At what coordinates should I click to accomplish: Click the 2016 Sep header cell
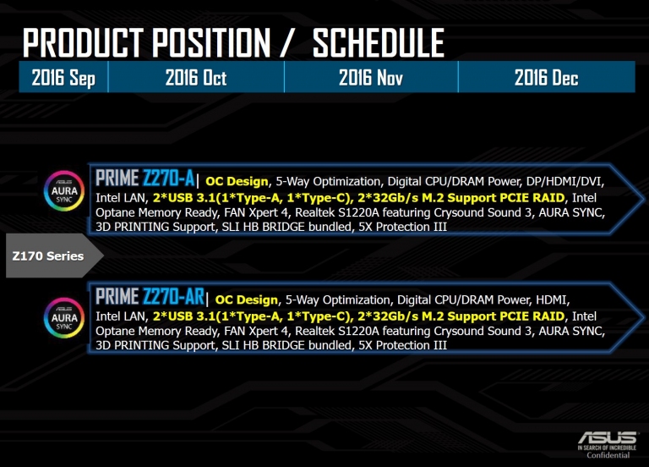(x=63, y=77)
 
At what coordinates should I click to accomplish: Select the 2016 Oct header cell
(x=196, y=77)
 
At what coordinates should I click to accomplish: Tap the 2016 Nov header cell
(x=371, y=77)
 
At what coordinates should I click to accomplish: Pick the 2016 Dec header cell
(x=547, y=77)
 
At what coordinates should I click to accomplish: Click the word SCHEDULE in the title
(x=379, y=42)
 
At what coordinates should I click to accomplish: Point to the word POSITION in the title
(x=211, y=42)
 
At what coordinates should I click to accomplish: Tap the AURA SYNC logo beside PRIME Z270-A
(x=64, y=191)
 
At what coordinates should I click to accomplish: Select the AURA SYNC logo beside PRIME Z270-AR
(x=64, y=318)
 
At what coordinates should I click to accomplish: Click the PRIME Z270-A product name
(x=145, y=179)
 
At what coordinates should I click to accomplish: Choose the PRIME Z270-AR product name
(x=150, y=297)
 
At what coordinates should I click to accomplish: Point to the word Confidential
(x=608, y=455)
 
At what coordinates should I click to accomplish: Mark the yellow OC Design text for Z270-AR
(x=246, y=299)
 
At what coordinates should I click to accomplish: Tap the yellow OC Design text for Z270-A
(x=237, y=181)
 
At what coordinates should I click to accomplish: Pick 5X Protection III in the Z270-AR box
(x=402, y=345)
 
